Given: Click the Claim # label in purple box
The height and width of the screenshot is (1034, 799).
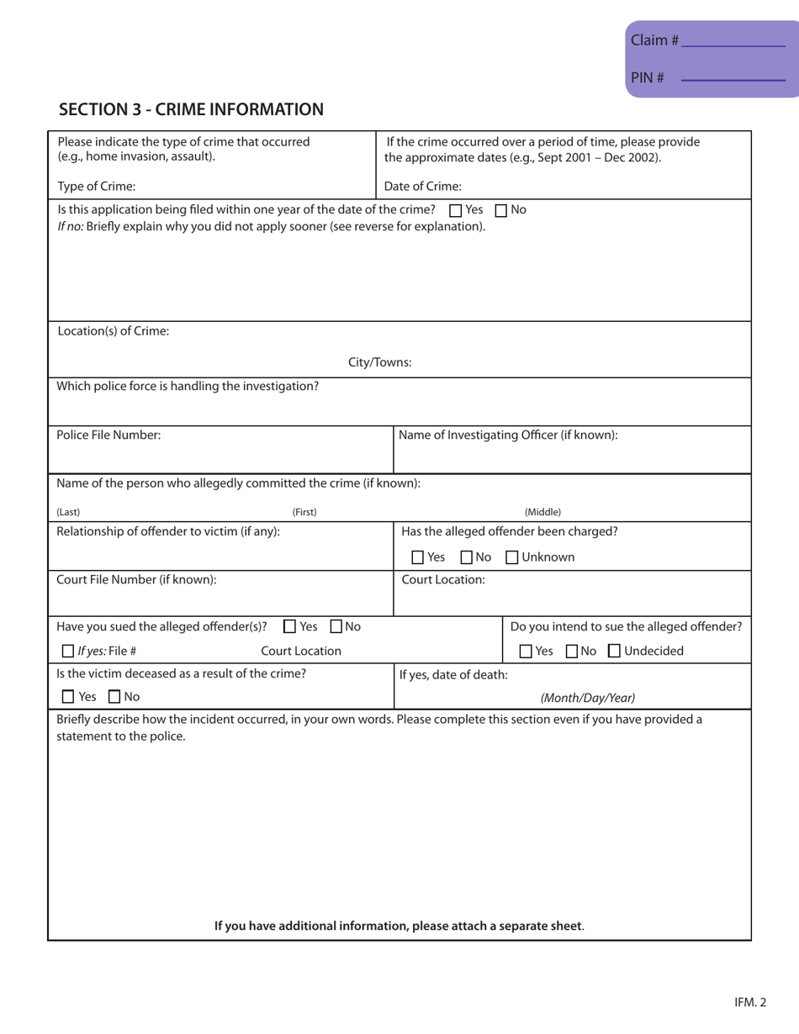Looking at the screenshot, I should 654,40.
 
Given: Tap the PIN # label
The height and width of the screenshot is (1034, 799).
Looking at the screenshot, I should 648,78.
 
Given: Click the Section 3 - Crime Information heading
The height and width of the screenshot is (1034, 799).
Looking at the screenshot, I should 191,109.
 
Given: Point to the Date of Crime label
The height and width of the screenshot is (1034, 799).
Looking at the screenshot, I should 423,187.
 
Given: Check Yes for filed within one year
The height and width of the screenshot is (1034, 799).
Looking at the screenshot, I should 456,210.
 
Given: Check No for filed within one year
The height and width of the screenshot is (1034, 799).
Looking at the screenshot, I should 501,210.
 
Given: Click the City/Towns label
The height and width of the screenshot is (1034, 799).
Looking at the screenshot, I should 380,362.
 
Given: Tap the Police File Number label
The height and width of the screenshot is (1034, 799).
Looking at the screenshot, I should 108,435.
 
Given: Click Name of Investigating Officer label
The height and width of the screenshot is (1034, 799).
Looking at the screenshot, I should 508,435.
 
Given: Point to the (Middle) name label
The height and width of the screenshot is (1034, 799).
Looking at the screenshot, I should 542,511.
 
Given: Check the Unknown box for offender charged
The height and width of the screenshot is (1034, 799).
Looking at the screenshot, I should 511,557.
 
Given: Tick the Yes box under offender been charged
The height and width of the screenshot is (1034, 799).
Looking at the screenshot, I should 418,557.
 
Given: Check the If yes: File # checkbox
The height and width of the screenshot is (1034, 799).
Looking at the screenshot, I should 69,652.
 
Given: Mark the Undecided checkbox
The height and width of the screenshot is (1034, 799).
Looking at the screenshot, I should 614,652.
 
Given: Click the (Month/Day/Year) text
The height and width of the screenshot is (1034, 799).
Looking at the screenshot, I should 587,698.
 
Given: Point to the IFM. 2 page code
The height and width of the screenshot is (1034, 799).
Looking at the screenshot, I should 749,1002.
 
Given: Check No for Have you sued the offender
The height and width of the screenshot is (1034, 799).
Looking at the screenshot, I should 336,626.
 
